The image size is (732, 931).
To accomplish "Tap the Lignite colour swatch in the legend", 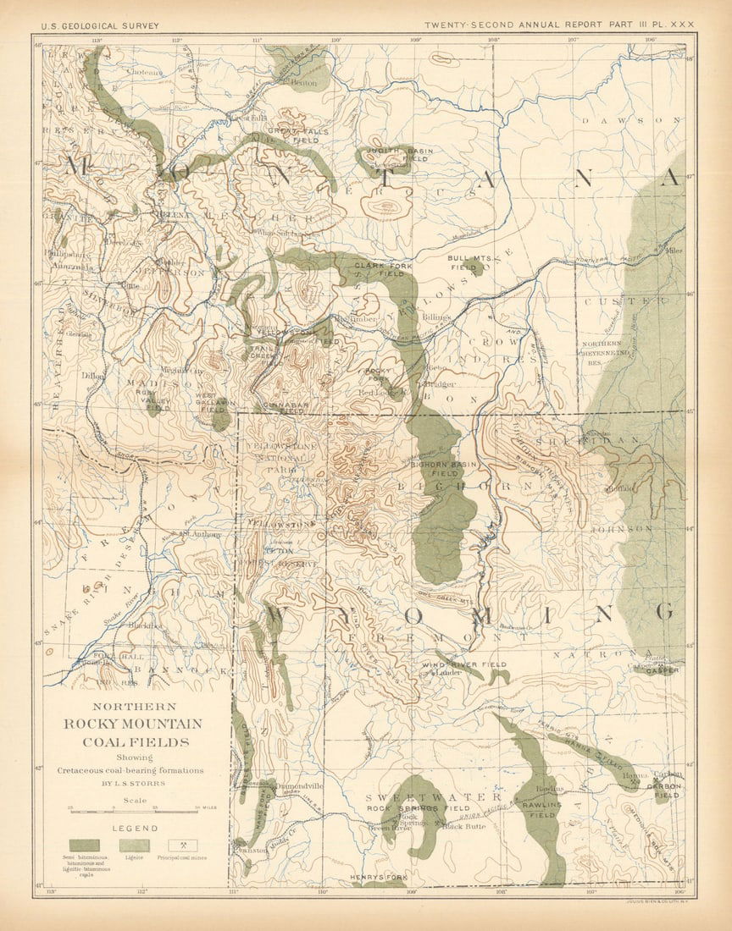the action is pyautogui.click(x=135, y=845).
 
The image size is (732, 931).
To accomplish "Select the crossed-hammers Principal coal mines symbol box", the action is pyautogui.click(x=182, y=845).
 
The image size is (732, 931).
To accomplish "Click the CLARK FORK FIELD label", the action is pyautogui.click(x=380, y=268).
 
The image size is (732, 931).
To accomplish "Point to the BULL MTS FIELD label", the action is pyautogui.click(x=469, y=262).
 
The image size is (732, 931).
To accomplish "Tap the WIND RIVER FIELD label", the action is pyautogui.click(x=470, y=665).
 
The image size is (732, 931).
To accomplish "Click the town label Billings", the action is pyautogui.click(x=437, y=316).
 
